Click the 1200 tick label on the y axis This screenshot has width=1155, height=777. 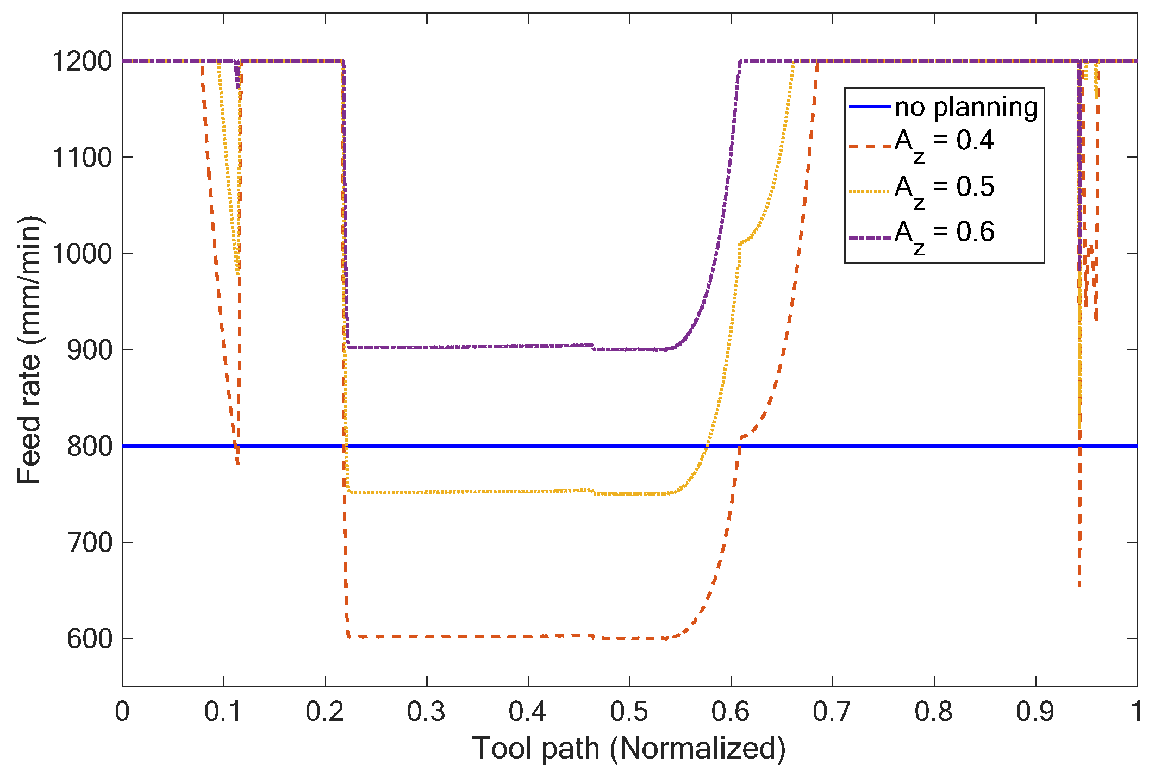[x=82, y=61]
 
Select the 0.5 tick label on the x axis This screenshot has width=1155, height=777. [x=629, y=712]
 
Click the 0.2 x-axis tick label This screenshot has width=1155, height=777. [x=324, y=712]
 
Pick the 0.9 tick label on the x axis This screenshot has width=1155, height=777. [x=1035, y=712]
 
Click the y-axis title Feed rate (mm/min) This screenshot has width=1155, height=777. [x=29, y=350]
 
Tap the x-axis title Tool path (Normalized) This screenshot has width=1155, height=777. [x=629, y=749]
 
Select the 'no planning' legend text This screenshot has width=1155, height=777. [x=966, y=107]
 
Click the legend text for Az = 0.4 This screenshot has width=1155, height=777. [x=944, y=142]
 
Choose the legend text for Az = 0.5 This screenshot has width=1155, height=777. [x=944, y=189]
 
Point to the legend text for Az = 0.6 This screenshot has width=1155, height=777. [x=944, y=234]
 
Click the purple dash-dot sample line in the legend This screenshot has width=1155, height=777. [x=870, y=238]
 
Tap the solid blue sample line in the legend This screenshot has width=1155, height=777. [x=870, y=106]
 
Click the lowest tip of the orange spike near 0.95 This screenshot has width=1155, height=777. [x=1079, y=585]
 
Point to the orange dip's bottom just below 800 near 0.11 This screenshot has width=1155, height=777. [x=238, y=462]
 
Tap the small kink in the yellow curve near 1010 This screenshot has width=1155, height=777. [x=740, y=243]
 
